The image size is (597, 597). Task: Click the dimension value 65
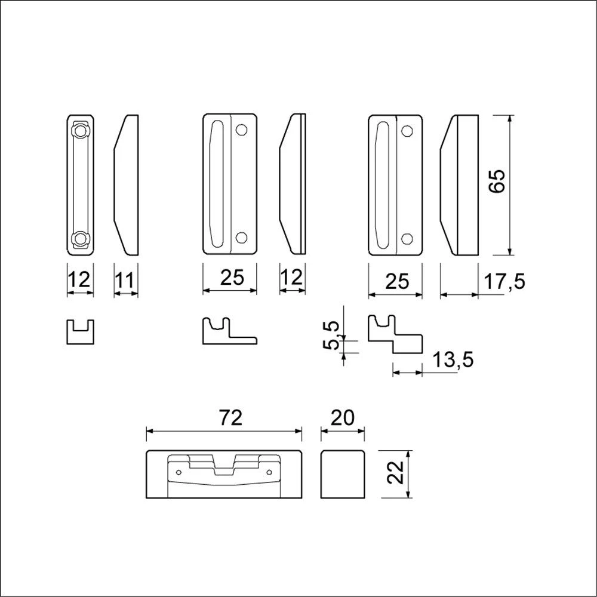(497, 180)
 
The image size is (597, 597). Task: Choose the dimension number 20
(343, 418)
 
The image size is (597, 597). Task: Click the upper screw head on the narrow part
(80, 131)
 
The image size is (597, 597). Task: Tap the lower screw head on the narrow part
(80, 239)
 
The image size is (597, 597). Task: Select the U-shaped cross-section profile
(80, 331)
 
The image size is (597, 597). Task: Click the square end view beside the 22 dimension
(343, 475)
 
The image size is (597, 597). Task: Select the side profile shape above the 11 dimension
(126, 183)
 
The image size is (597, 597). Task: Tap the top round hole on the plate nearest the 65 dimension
(407, 130)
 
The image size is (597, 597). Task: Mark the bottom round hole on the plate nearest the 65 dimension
(407, 238)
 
